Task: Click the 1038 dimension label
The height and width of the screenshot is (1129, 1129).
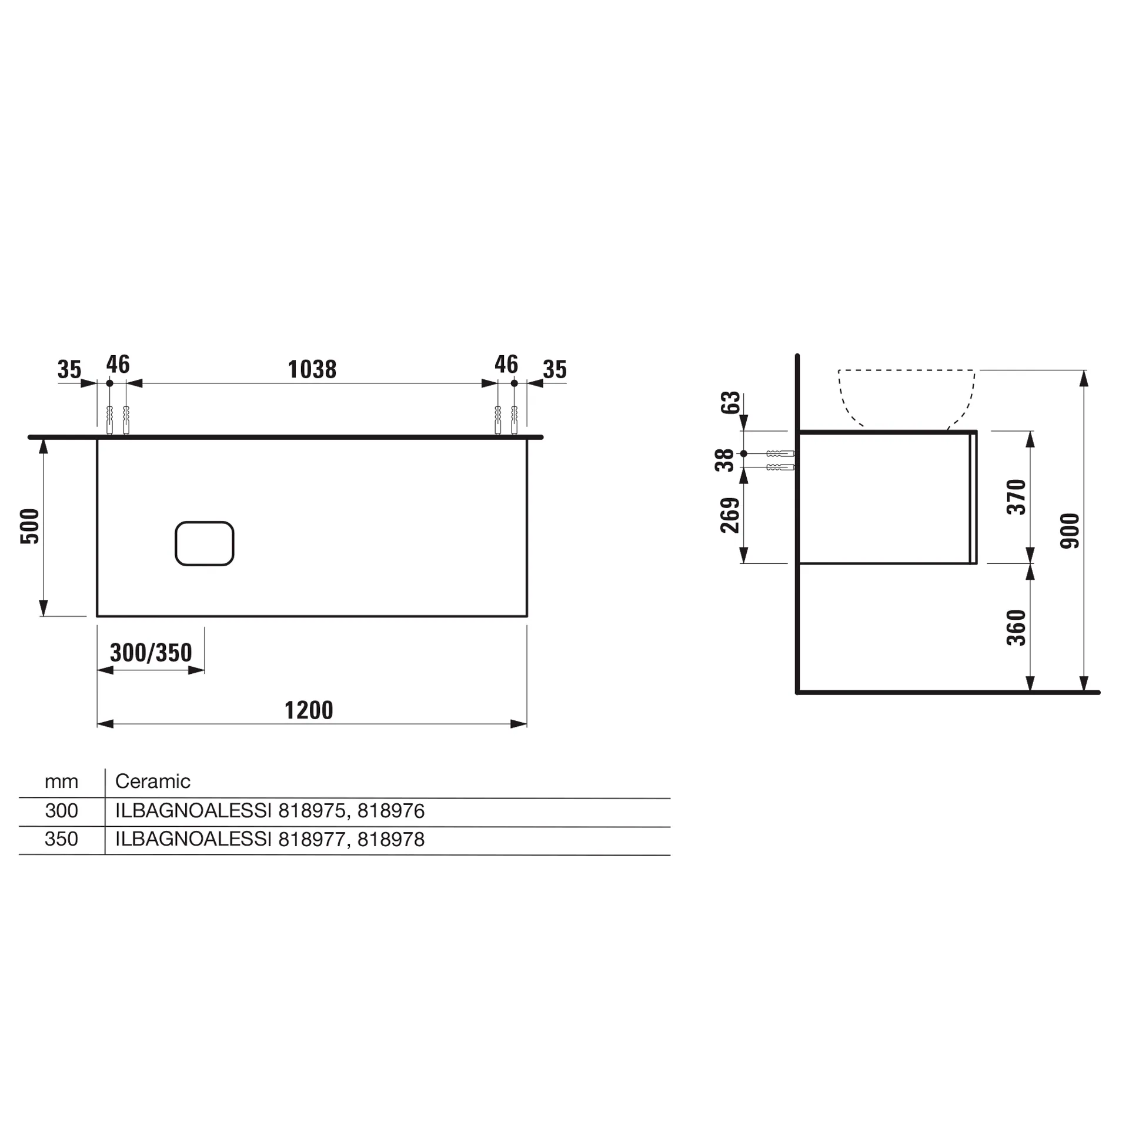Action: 312,370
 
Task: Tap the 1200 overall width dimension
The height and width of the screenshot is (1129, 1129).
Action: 309,710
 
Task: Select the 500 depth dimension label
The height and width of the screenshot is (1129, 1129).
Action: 30,526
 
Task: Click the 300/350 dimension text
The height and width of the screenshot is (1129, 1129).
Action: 151,653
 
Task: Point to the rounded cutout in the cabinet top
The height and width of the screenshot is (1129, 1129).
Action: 205,543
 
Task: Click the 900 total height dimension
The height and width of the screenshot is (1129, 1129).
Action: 1070,531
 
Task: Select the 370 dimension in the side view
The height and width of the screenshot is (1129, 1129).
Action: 1016,497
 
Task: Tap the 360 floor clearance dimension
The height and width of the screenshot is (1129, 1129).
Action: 1016,627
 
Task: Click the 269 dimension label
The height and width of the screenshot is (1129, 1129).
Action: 730,515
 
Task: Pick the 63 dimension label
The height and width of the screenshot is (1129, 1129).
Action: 730,403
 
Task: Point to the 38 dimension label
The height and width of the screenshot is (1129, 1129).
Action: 724,460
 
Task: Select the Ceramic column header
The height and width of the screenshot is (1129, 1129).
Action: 153,781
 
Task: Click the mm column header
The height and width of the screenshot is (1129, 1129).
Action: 61,781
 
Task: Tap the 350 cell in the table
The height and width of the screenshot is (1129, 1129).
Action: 61,839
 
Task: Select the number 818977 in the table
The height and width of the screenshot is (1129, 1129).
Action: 312,839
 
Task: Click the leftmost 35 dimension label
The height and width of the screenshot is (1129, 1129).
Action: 69,370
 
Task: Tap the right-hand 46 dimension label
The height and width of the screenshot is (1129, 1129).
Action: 506,365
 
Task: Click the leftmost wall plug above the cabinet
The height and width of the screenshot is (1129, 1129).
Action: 109,420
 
